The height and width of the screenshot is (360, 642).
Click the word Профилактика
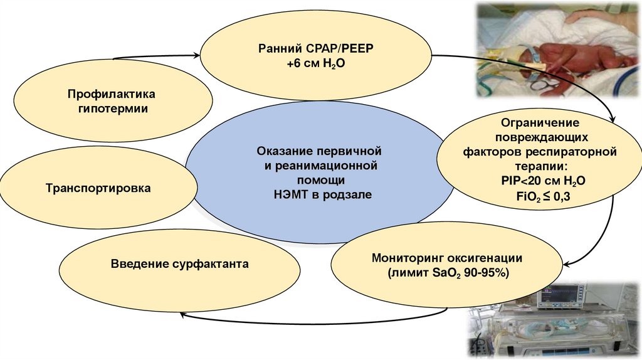tap(112, 94)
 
